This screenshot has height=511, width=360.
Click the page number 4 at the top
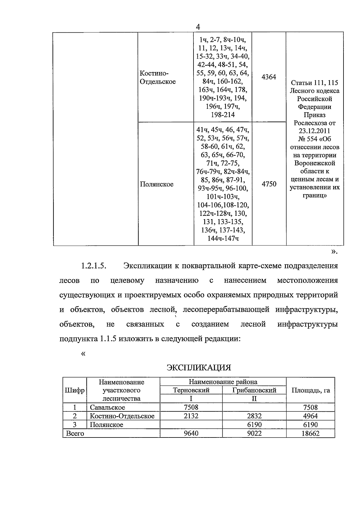(x=198, y=27)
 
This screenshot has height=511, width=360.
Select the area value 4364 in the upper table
(x=269, y=77)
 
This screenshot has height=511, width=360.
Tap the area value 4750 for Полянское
(x=269, y=184)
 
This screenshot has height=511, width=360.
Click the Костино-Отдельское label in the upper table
(x=158, y=77)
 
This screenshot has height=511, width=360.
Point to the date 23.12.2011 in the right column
(x=314, y=131)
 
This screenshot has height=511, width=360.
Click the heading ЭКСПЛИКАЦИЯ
(x=199, y=367)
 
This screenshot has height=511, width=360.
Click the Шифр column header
(x=74, y=390)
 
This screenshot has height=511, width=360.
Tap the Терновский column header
(x=191, y=390)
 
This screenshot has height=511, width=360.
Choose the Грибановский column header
(x=254, y=390)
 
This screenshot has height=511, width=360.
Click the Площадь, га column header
(x=310, y=390)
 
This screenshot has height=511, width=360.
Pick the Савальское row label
(x=107, y=407)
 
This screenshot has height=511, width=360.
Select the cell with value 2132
(x=191, y=416)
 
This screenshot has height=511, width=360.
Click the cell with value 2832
(x=254, y=416)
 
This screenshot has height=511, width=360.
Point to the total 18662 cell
(x=310, y=433)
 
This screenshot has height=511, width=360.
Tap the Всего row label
(x=75, y=433)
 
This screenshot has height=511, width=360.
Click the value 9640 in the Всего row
(x=191, y=433)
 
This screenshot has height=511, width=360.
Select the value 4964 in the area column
(x=310, y=416)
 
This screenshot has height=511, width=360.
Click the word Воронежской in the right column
(x=314, y=164)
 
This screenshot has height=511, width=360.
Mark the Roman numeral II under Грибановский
(x=254, y=399)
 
